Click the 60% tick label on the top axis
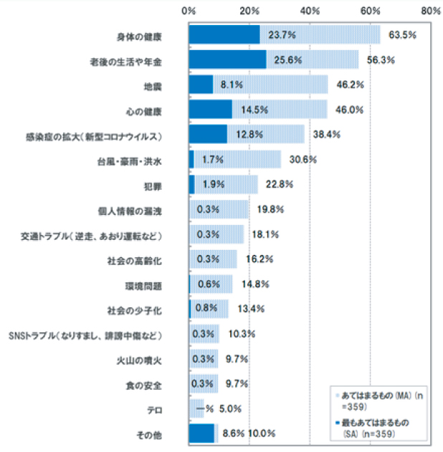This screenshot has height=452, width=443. [x=371, y=11]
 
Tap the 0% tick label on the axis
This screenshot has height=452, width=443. [x=189, y=11]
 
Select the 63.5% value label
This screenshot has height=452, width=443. [x=403, y=34]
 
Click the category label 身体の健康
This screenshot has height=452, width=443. [x=140, y=35]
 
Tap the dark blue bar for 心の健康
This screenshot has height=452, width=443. [x=211, y=110]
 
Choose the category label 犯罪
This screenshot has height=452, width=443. [x=153, y=185]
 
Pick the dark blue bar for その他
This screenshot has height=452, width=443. [x=201, y=433]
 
